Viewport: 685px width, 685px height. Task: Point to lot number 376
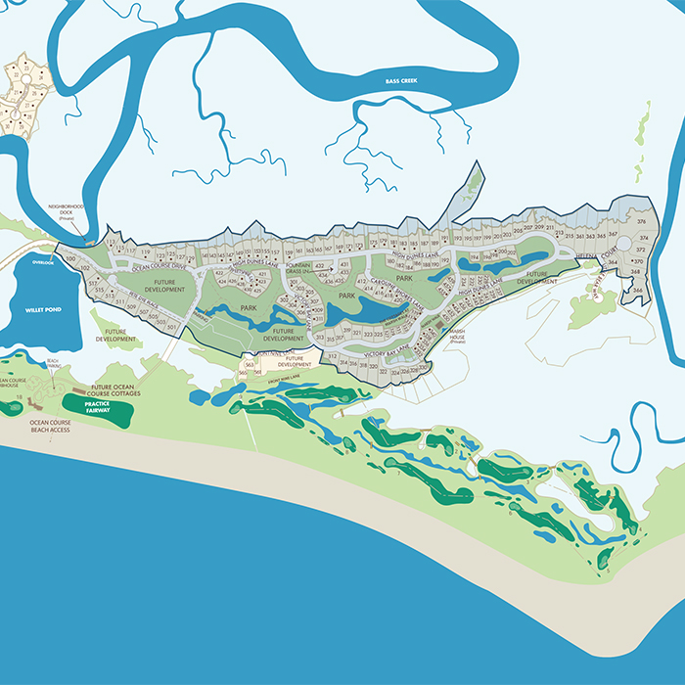coord(642,223)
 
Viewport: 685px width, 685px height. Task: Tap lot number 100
coord(69,258)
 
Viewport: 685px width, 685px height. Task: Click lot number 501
coord(172,327)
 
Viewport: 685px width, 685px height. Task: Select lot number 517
coord(92,284)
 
